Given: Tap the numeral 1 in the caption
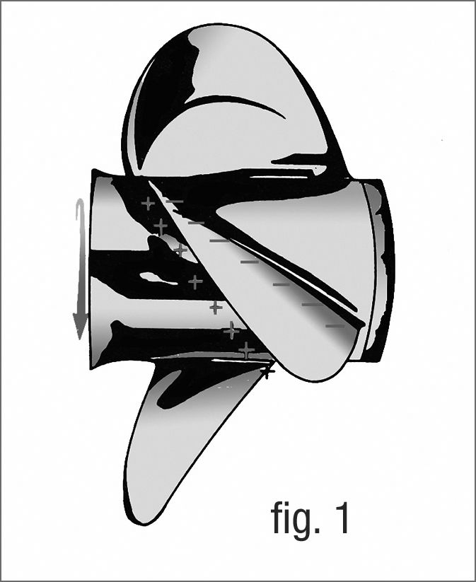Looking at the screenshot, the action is tap(340, 518).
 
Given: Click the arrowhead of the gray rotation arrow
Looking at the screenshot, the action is tap(80, 325).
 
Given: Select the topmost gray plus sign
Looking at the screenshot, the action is tap(148, 203).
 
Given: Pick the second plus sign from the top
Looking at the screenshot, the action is tap(161, 226).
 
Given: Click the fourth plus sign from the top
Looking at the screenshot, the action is tap(195, 282).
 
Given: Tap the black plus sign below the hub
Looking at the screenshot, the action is tap(267, 371).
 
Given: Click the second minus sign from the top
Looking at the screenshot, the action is tap(196, 223).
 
